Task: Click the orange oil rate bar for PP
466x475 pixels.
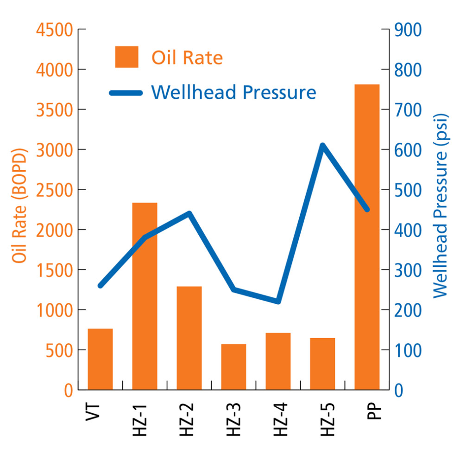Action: click(x=367, y=237)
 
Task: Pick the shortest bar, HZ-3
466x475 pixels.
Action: click(x=233, y=366)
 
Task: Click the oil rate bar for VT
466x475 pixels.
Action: click(x=100, y=359)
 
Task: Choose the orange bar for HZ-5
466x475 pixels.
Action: click(x=322, y=364)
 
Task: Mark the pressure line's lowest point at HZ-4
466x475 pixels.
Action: click(x=278, y=302)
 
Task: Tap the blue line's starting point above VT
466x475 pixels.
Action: click(x=101, y=285)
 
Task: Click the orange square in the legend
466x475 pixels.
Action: click(x=126, y=57)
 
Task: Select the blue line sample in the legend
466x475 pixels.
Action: click(x=126, y=93)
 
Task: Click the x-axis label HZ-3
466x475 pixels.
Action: click(x=234, y=420)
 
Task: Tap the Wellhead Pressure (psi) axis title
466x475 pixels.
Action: click(x=441, y=206)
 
